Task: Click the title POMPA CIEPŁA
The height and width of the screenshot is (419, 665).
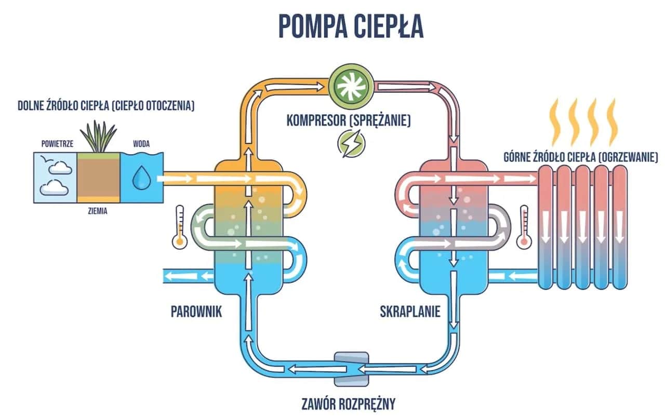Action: tap(351, 26)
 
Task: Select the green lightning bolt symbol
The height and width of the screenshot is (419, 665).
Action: tap(348, 143)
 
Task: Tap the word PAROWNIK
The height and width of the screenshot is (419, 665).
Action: tap(196, 312)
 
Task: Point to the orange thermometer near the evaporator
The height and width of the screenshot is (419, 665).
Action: tap(180, 225)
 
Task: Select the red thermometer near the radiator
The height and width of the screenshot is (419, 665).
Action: tap(523, 225)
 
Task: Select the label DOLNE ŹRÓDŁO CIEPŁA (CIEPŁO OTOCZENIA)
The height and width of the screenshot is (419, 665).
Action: tap(106, 106)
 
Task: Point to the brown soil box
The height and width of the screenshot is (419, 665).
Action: tap(98, 177)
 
